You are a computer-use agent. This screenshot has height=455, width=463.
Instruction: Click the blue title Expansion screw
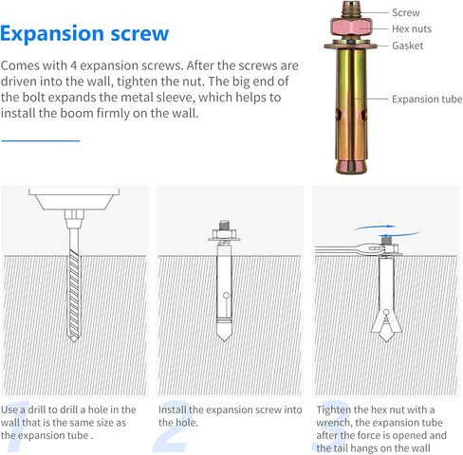tap(84, 34)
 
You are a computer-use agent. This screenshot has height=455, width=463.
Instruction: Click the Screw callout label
tap(406, 12)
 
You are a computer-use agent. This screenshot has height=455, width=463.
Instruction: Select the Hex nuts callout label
tap(412, 28)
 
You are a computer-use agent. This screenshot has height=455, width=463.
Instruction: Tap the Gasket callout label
tap(407, 45)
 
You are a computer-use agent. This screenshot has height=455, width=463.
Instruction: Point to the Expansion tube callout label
tap(427, 100)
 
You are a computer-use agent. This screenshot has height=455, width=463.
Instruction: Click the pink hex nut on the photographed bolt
tap(351, 27)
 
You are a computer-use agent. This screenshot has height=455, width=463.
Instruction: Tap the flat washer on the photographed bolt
tap(351, 45)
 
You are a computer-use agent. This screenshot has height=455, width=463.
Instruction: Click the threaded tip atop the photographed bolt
tap(351, 9)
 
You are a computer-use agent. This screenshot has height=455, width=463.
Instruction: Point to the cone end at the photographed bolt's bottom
tap(352, 167)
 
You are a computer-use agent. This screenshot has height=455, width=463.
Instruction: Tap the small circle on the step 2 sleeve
tap(226, 296)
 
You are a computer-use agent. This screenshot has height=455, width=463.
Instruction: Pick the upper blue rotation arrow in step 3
tap(375, 227)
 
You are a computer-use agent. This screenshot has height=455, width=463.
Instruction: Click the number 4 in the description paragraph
tap(73, 65)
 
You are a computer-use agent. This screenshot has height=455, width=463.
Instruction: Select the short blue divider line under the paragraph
tap(41, 140)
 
